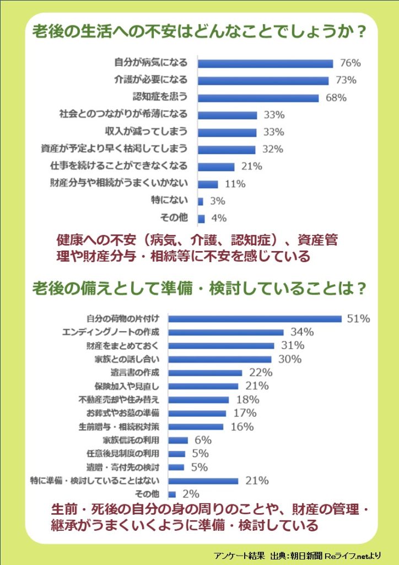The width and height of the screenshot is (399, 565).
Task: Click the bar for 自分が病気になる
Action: click(x=265, y=63)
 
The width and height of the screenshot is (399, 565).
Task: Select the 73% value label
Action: click(x=346, y=81)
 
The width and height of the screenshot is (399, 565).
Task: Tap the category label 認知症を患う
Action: click(x=160, y=97)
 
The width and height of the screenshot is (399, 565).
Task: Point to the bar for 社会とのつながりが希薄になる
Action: click(x=227, y=115)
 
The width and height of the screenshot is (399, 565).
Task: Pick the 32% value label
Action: click(x=272, y=149)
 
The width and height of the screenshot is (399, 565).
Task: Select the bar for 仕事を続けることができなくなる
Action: click(x=216, y=166)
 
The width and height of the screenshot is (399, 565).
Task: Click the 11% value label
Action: click(x=234, y=184)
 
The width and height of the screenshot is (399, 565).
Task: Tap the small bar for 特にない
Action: click(x=201, y=201)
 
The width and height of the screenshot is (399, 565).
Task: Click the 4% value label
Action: click(x=219, y=218)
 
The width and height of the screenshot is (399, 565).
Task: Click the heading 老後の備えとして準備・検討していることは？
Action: click(x=200, y=289)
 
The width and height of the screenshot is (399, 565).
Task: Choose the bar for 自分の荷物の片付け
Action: click(x=255, y=318)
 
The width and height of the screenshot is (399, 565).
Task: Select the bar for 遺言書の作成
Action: click(x=205, y=372)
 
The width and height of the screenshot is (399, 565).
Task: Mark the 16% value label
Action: click(x=242, y=427)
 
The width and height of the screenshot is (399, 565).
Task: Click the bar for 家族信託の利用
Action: click(x=177, y=440)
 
